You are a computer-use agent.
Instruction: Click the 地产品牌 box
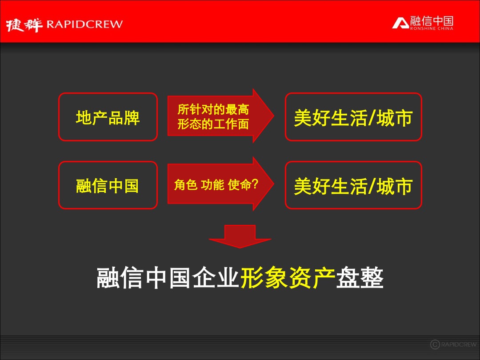coord(108,117)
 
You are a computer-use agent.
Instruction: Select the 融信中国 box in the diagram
coord(108,185)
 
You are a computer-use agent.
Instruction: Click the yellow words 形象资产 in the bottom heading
coord(288,279)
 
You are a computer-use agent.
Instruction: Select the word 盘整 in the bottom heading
coord(360,279)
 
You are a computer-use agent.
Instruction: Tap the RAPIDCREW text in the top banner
coord(84,24)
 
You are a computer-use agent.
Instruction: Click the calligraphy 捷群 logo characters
coord(24,25)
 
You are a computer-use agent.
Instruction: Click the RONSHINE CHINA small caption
coord(432,28)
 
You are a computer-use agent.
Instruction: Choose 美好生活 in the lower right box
coord(330,186)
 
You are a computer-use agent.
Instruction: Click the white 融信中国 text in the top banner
coord(432,20)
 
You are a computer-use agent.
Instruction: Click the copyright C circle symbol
coord(435,344)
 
